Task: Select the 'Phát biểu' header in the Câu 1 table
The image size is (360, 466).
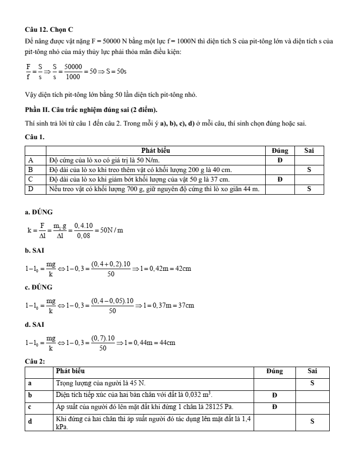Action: coord(155,150)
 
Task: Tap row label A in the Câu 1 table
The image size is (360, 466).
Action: coord(30,160)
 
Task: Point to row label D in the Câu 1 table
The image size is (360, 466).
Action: coord(30,189)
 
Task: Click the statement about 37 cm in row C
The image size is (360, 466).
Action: coord(140,179)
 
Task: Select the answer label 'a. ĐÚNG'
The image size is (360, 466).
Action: coord(38,212)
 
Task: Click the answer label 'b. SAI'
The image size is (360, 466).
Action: coord(34,250)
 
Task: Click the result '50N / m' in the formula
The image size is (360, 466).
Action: coord(111,230)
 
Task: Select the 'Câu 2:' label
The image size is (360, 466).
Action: coord(35,362)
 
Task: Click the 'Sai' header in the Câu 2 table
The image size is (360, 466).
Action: coord(312,371)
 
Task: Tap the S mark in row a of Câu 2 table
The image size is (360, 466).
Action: coord(312,383)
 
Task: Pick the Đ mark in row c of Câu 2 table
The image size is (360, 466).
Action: coord(274,407)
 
